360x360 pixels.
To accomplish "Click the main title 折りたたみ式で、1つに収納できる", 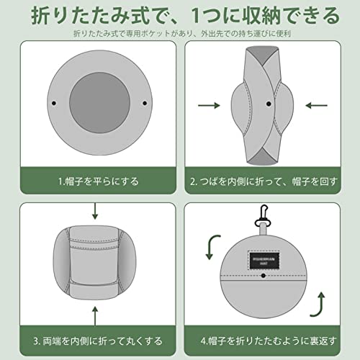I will pos(180,14).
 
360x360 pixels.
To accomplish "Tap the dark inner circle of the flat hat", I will pos(99,102).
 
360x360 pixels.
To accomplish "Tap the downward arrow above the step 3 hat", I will pos(95,211).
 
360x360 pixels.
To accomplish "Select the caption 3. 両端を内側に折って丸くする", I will pos(98,339).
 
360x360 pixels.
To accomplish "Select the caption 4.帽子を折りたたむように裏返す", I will pos(264,339).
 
